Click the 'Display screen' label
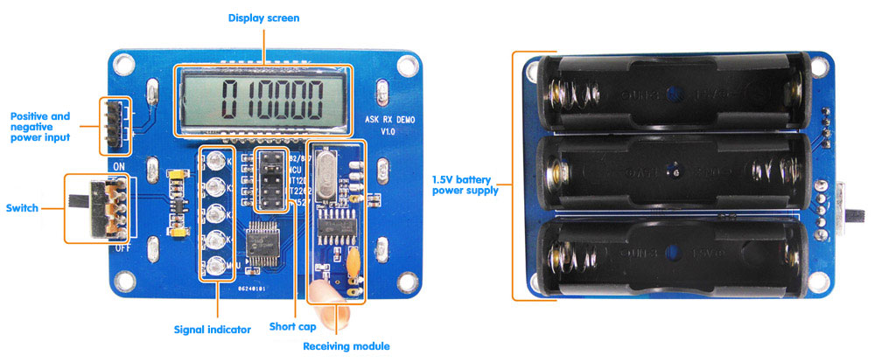click(263, 17)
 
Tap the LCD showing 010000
click(262, 100)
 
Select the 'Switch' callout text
click(21, 207)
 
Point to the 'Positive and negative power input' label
click(39, 126)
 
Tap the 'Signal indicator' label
click(215, 330)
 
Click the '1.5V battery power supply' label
click(465, 185)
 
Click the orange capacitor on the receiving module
click(353, 261)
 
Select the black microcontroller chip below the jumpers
click(264, 240)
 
